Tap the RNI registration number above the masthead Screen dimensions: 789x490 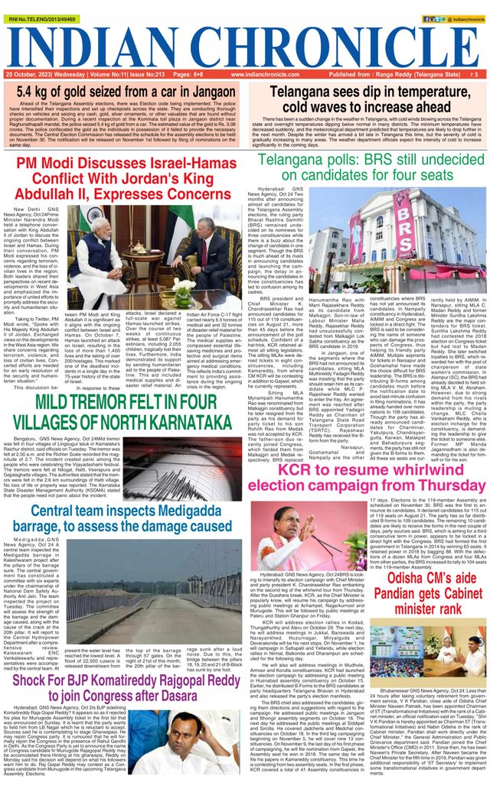pyautogui.click(x=33, y=10)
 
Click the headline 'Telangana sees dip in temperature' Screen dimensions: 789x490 pyautogui.click(x=367, y=99)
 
